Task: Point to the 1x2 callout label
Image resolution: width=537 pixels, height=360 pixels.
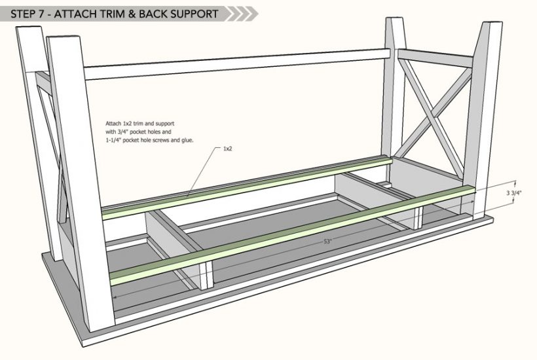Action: pyautogui.click(x=228, y=149)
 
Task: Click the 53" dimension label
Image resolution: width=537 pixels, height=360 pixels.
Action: pyautogui.click(x=327, y=242)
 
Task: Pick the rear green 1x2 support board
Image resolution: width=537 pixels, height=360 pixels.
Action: pyautogui.click(x=249, y=183)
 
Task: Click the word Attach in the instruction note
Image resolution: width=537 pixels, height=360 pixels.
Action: pyautogui.click(x=113, y=123)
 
